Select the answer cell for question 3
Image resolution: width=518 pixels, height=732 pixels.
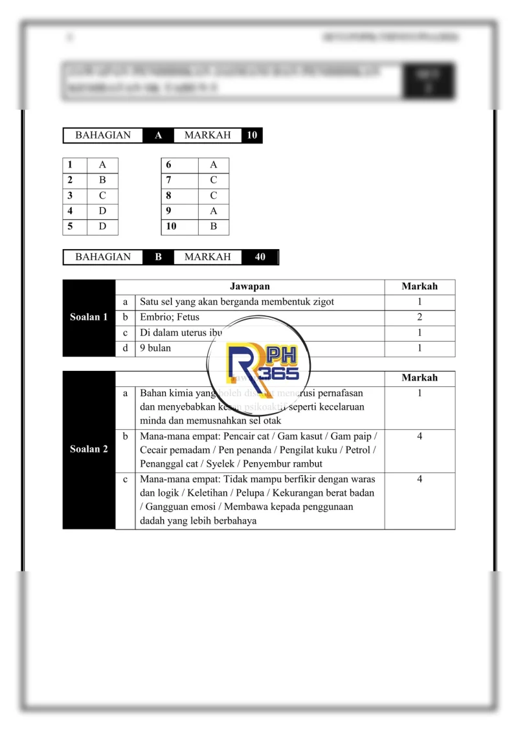102,195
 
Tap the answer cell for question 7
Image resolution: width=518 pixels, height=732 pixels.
213,180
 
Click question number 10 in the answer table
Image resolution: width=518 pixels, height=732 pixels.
171,227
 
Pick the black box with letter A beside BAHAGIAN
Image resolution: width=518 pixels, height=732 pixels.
158,135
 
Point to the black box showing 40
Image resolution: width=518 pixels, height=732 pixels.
260,257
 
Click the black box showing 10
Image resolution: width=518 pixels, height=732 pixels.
252,135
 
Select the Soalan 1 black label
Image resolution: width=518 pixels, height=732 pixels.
89,317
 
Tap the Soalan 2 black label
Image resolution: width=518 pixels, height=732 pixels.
89,449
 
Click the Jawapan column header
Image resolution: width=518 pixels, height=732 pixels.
249,287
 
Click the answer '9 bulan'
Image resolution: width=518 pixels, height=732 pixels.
155,348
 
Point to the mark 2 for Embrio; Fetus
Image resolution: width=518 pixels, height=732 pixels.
420,317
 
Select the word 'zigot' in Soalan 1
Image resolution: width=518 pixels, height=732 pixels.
322,302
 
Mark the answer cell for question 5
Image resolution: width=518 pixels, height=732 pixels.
102,227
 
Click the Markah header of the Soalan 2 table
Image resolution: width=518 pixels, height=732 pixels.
420,378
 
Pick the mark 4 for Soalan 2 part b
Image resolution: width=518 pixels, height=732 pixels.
420,436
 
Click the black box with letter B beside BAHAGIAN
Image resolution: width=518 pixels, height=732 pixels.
158,257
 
